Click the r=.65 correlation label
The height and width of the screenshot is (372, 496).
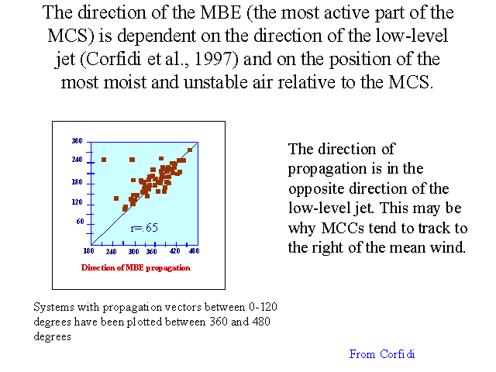point(144,228)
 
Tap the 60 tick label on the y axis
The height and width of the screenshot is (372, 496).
point(81,222)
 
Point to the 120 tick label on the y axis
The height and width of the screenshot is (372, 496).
point(77,201)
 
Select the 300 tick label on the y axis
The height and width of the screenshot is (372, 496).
point(77,140)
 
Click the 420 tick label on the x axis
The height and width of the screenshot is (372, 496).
point(175,251)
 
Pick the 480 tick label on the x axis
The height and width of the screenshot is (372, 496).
point(194,251)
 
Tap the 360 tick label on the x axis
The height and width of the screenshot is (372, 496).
point(152,251)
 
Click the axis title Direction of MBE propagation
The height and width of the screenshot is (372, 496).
point(136,268)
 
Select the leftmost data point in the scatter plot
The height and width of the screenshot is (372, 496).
point(104,160)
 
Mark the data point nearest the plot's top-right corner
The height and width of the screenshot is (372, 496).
point(190,150)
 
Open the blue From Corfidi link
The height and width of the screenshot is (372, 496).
point(382,354)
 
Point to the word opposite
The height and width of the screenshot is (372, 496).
point(316,189)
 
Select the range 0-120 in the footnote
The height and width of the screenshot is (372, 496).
point(263,307)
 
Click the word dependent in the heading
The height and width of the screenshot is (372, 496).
point(157,36)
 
